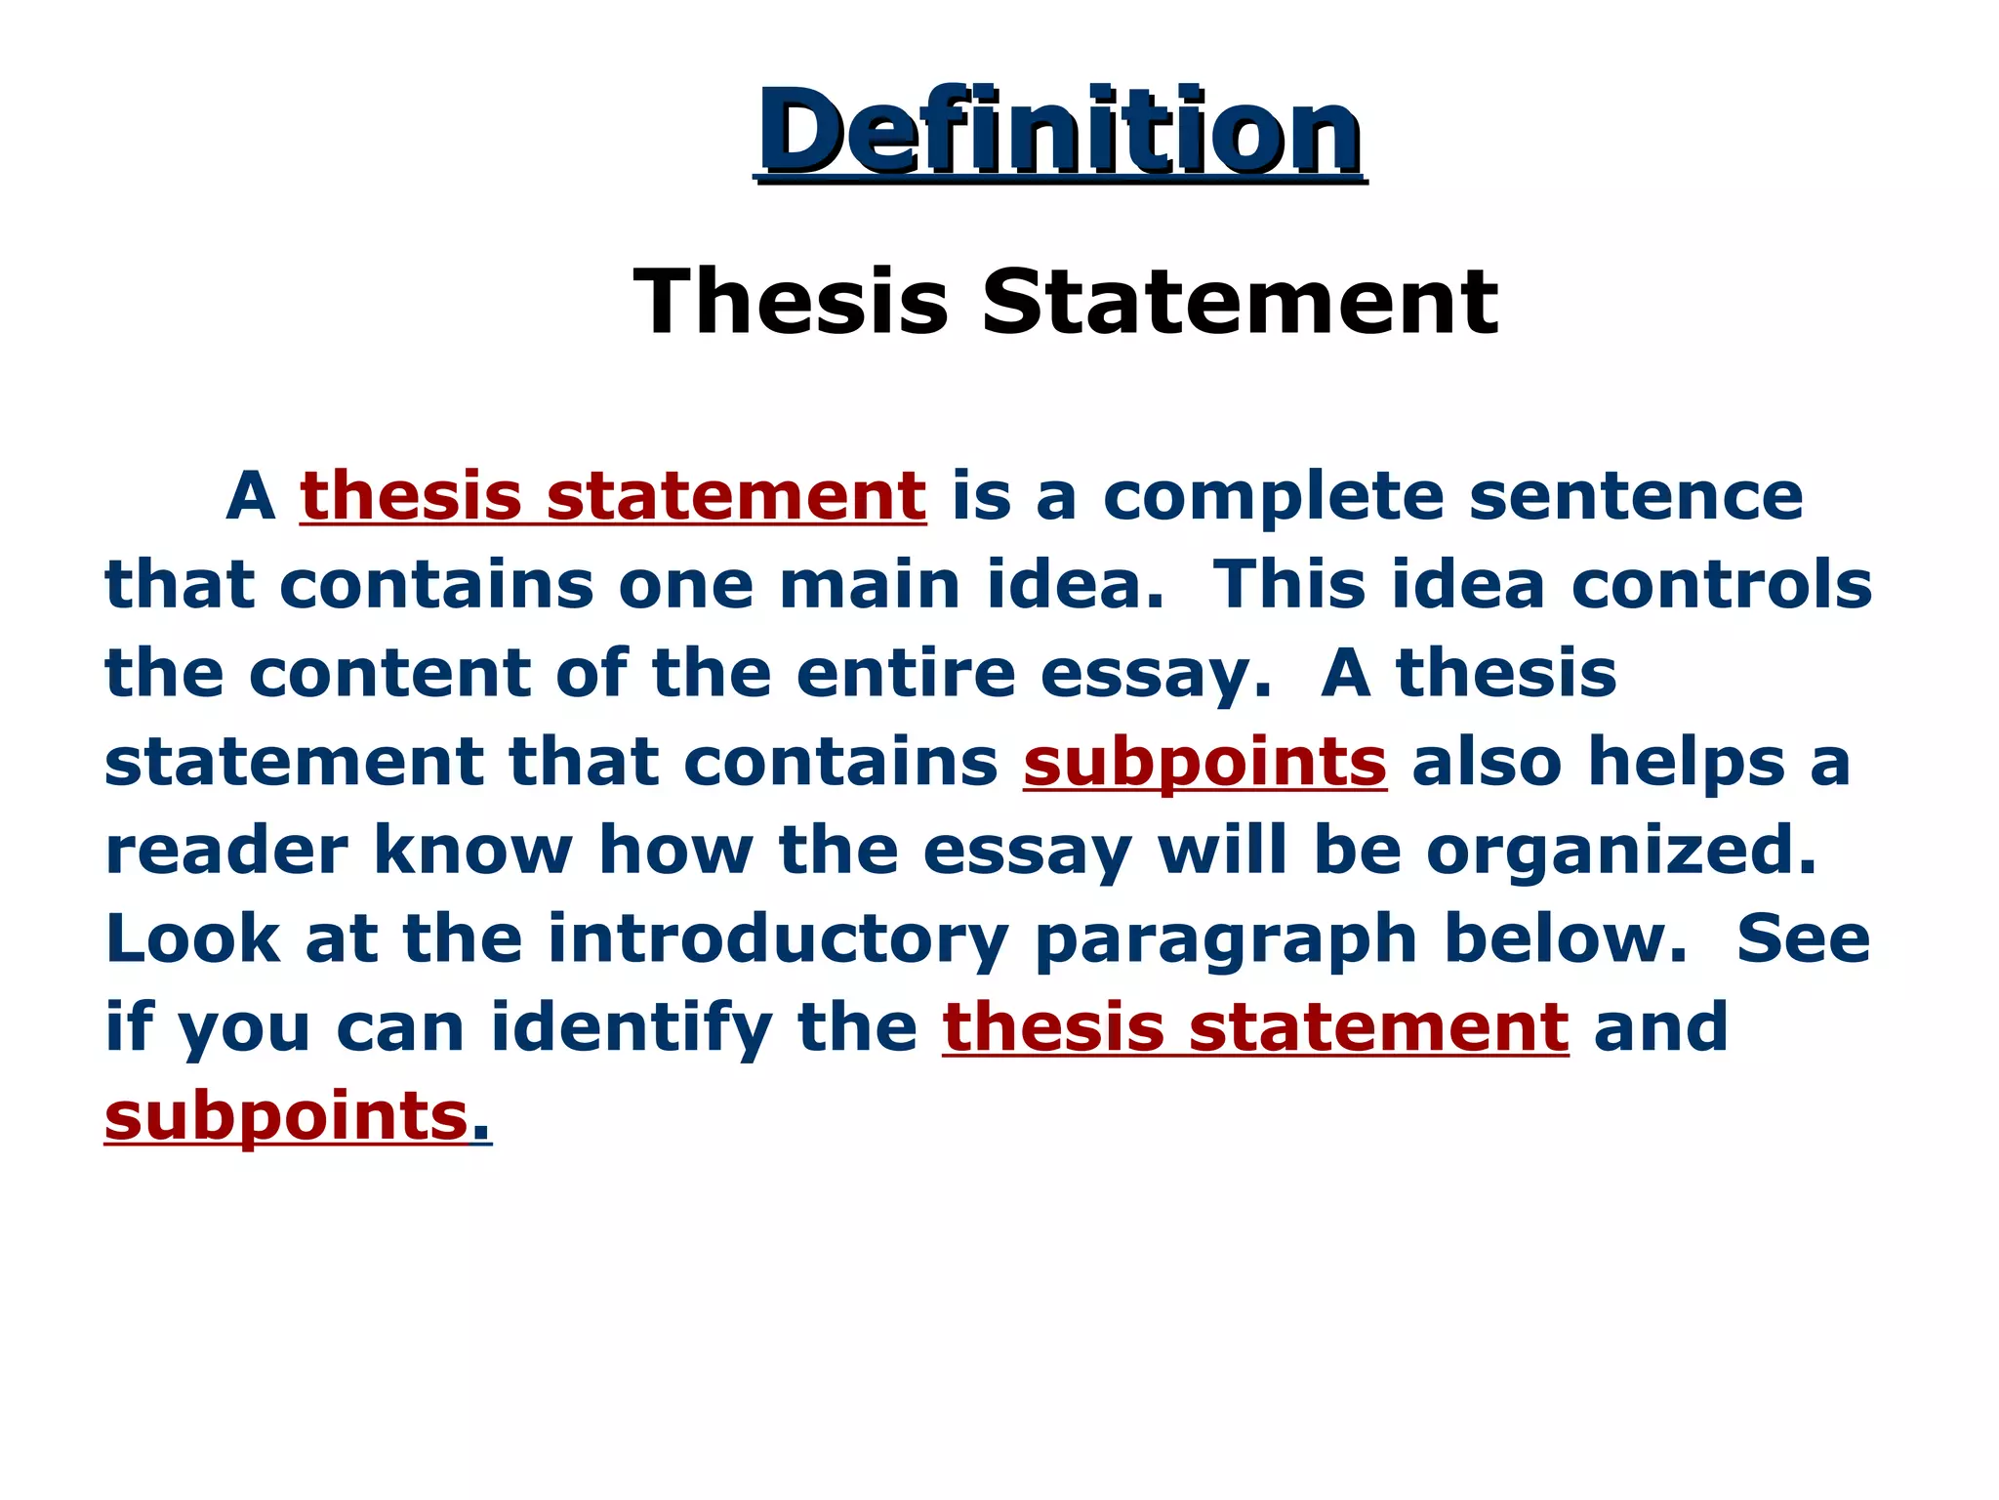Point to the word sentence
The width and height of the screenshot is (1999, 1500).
(x=1636, y=496)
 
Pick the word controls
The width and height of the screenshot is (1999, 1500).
(x=1722, y=585)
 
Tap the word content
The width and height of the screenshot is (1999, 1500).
(x=390, y=674)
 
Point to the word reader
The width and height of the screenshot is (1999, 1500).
(x=226, y=851)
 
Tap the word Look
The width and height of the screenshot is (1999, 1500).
(x=192, y=938)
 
